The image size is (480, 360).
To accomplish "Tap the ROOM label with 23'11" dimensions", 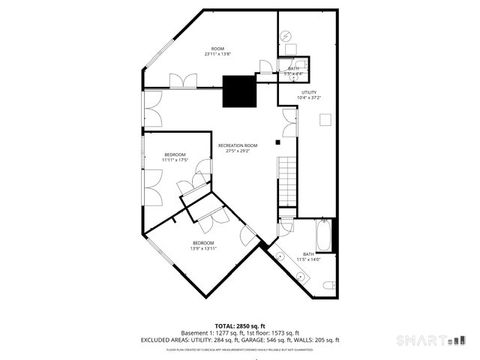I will [217, 51].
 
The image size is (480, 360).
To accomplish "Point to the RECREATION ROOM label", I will [238, 148].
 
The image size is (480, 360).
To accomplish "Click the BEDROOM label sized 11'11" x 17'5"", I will [175, 156].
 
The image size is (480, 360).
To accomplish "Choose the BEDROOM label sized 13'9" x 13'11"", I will [203, 245].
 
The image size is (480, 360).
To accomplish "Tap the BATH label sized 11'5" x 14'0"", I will [309, 257].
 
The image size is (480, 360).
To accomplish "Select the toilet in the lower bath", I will [328, 285].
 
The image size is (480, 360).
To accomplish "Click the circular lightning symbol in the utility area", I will [287, 36].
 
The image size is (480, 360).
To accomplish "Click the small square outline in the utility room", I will [324, 118].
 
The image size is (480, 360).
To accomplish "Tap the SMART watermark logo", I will [431, 336].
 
